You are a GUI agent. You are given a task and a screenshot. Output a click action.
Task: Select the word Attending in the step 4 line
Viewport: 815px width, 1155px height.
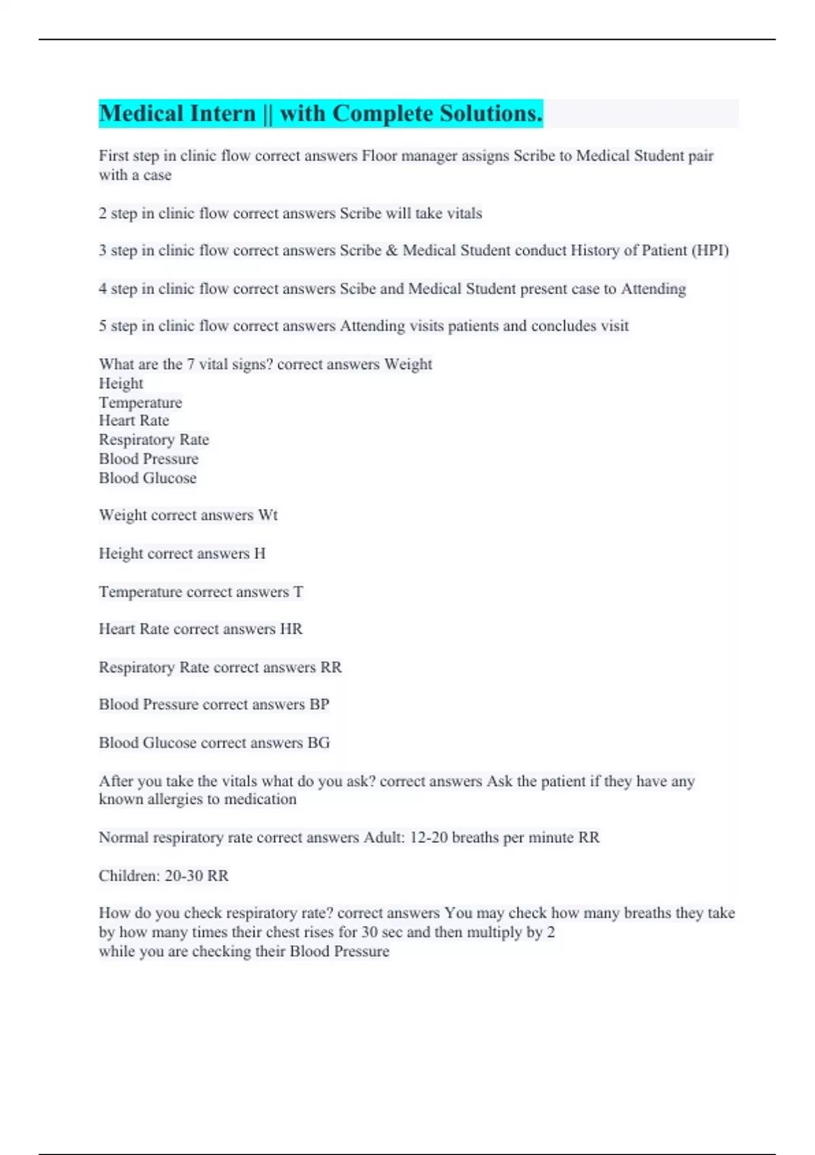coord(653,289)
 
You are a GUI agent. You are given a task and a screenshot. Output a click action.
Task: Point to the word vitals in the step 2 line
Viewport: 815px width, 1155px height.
coord(465,213)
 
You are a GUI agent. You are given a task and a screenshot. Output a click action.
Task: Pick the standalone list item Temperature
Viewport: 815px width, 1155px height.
coord(141,402)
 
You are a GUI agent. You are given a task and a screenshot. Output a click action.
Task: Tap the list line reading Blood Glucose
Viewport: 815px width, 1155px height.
coord(147,478)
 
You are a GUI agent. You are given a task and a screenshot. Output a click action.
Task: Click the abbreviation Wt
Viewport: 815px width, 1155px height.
coord(268,515)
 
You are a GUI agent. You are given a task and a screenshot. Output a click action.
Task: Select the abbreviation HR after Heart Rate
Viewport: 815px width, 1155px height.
coord(291,629)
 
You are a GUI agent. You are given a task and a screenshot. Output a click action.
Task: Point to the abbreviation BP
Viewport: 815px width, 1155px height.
coord(319,705)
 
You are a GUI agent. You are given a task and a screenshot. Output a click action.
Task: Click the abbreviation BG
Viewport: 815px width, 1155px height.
coord(319,743)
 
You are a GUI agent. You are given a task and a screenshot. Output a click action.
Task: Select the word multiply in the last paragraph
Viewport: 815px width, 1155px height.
coord(494,932)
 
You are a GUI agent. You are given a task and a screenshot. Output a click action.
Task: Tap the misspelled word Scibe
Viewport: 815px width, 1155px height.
coord(357,289)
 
